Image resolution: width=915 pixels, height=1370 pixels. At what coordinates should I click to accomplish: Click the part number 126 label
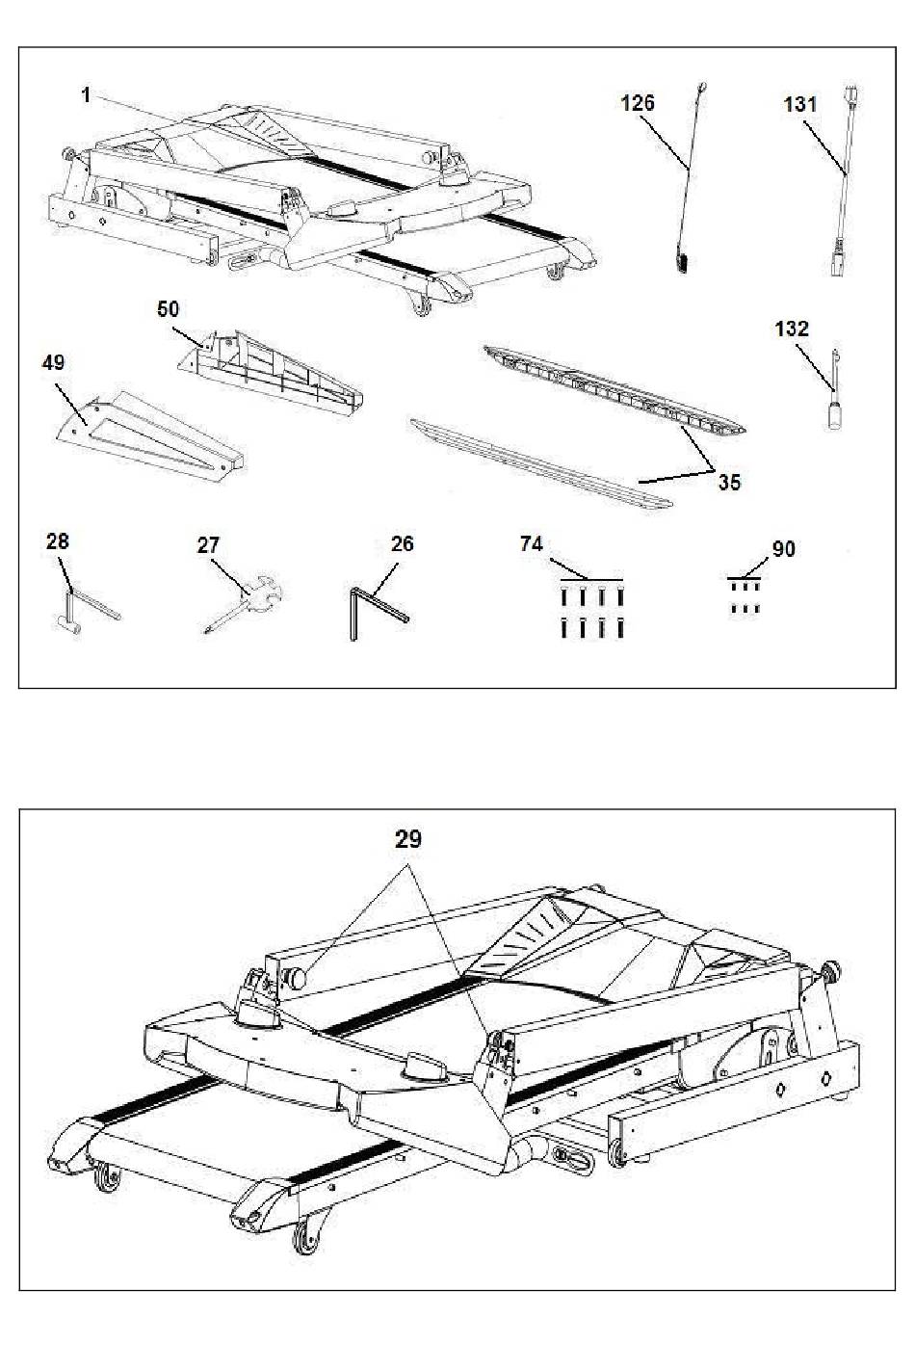coord(638,103)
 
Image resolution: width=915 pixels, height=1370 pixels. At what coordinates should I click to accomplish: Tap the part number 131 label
coord(800,105)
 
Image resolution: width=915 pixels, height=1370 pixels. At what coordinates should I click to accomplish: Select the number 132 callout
coord(792,329)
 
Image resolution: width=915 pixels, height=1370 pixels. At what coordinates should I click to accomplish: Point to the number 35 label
coord(729,483)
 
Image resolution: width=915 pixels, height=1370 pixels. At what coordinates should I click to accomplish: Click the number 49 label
coord(53,362)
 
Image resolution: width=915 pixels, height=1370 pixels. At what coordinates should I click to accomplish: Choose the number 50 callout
coord(169,309)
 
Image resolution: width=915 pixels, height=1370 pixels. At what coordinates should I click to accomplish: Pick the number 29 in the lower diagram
coord(408,839)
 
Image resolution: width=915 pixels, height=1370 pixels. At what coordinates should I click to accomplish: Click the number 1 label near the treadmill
coord(87,95)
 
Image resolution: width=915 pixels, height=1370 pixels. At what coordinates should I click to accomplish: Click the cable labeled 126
coord(692,177)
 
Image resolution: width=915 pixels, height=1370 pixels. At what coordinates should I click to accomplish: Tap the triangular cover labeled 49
coord(150,435)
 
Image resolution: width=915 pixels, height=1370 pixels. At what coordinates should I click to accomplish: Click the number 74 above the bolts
coord(532,543)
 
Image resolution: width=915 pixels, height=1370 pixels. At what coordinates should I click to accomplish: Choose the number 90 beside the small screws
coord(783,549)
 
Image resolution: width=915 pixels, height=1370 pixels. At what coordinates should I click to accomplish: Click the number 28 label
coord(58,541)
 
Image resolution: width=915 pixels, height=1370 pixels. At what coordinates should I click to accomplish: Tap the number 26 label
coord(402,543)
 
